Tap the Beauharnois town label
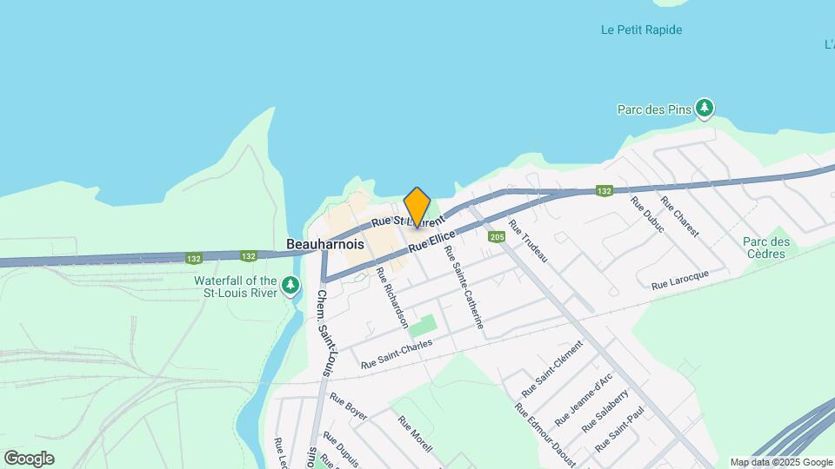(325, 245)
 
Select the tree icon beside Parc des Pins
(704, 109)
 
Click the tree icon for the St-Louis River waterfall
(291, 286)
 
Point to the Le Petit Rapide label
(641, 30)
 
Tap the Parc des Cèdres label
(765, 248)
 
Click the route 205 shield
(497, 236)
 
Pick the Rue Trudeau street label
(528, 243)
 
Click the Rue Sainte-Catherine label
(464, 287)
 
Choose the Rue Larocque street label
(680, 280)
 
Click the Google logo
(29, 458)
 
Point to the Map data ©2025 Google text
(781, 462)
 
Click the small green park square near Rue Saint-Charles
(423, 327)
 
